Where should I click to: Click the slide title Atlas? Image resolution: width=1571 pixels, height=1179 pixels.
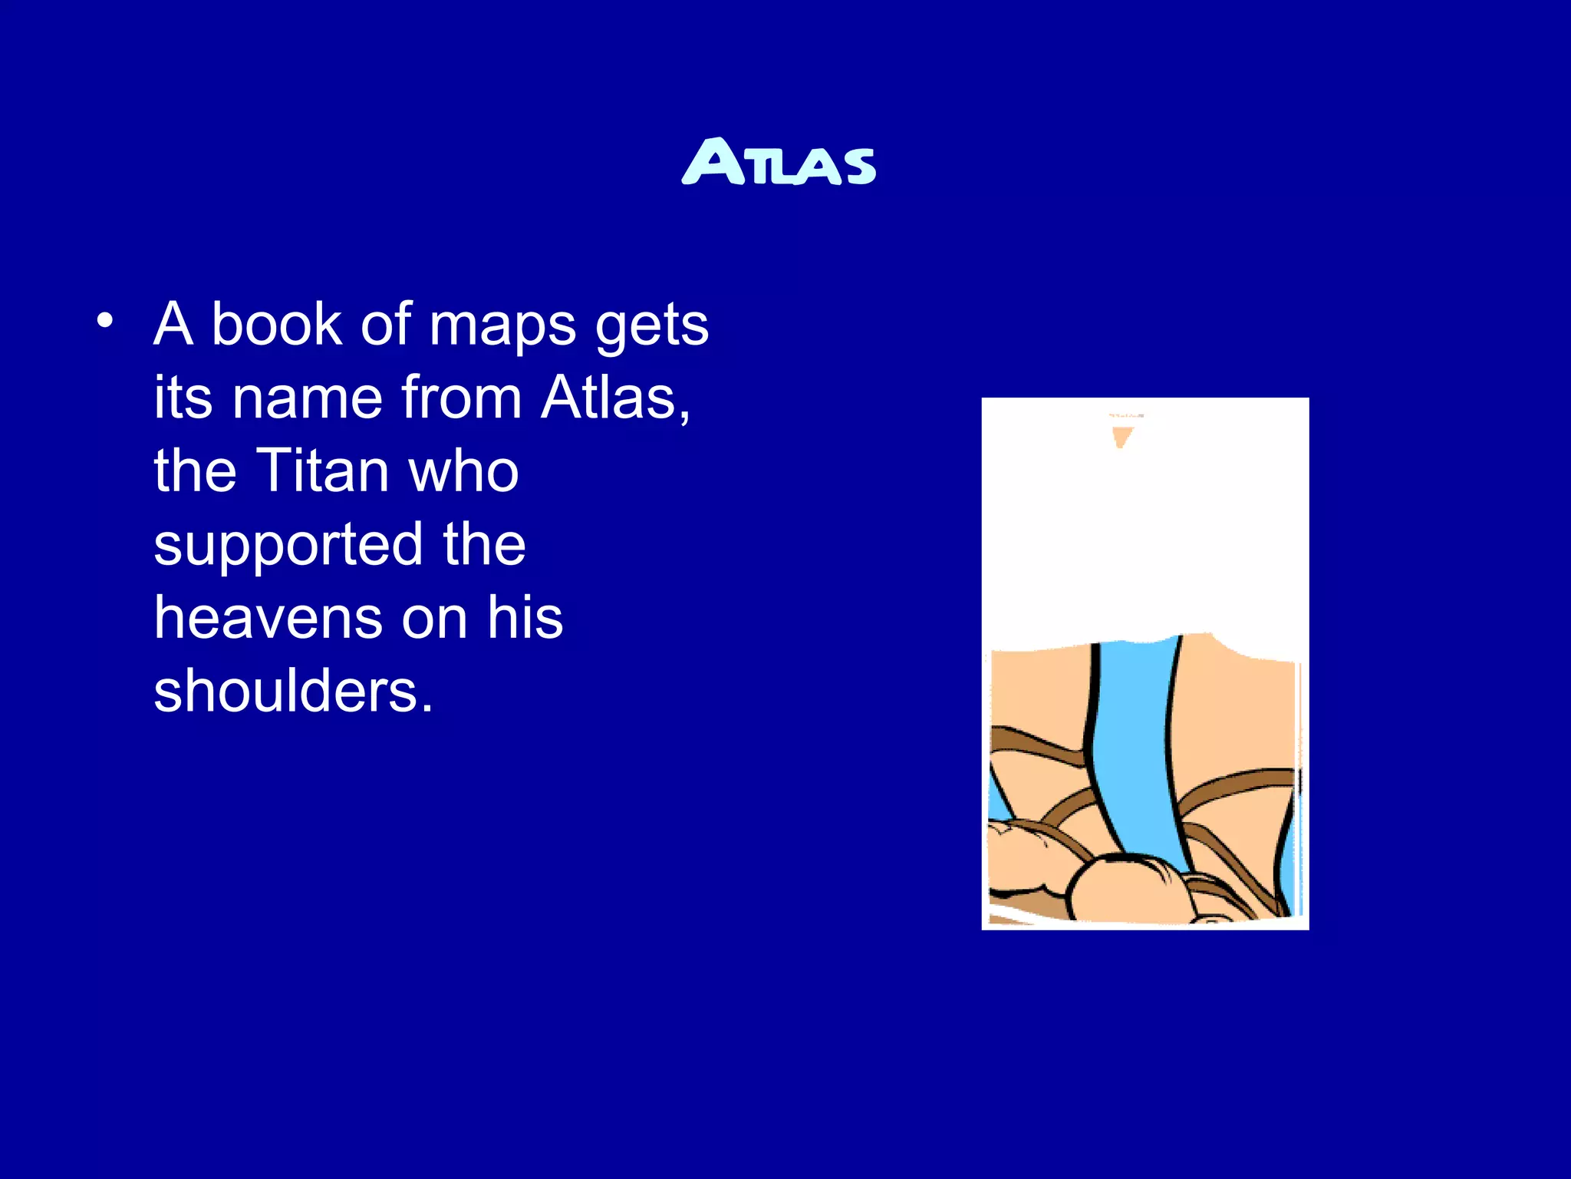tap(779, 162)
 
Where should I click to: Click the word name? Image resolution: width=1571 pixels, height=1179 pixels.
tap(307, 398)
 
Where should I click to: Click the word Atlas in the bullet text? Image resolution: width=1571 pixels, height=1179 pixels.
tap(610, 398)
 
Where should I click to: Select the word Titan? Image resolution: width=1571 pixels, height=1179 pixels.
tap(324, 471)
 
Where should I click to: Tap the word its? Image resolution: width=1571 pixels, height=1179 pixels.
tap(183, 398)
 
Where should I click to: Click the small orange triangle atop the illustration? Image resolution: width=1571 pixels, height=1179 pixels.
tap(1121, 437)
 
